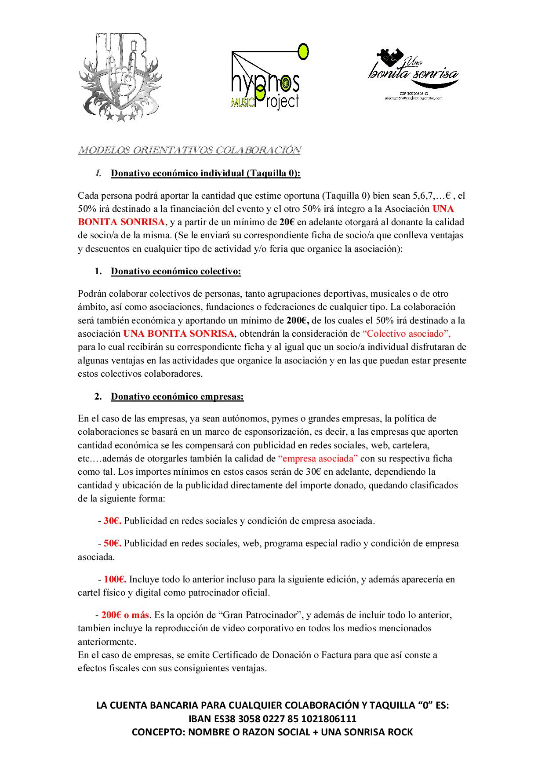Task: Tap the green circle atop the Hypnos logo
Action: click(x=303, y=51)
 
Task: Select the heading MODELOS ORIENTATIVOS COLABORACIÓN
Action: click(x=189, y=150)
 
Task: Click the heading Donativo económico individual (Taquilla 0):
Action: click(x=205, y=173)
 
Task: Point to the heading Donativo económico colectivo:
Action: click(x=176, y=271)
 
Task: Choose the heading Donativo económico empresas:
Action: click(x=177, y=396)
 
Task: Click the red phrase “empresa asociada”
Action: click(x=318, y=458)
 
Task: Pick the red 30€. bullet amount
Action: click(x=113, y=521)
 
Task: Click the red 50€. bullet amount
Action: click(x=113, y=543)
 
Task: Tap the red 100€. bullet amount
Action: click(x=115, y=579)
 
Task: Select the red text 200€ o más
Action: click(x=125, y=615)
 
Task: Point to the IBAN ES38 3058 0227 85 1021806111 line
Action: click(x=272, y=719)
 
